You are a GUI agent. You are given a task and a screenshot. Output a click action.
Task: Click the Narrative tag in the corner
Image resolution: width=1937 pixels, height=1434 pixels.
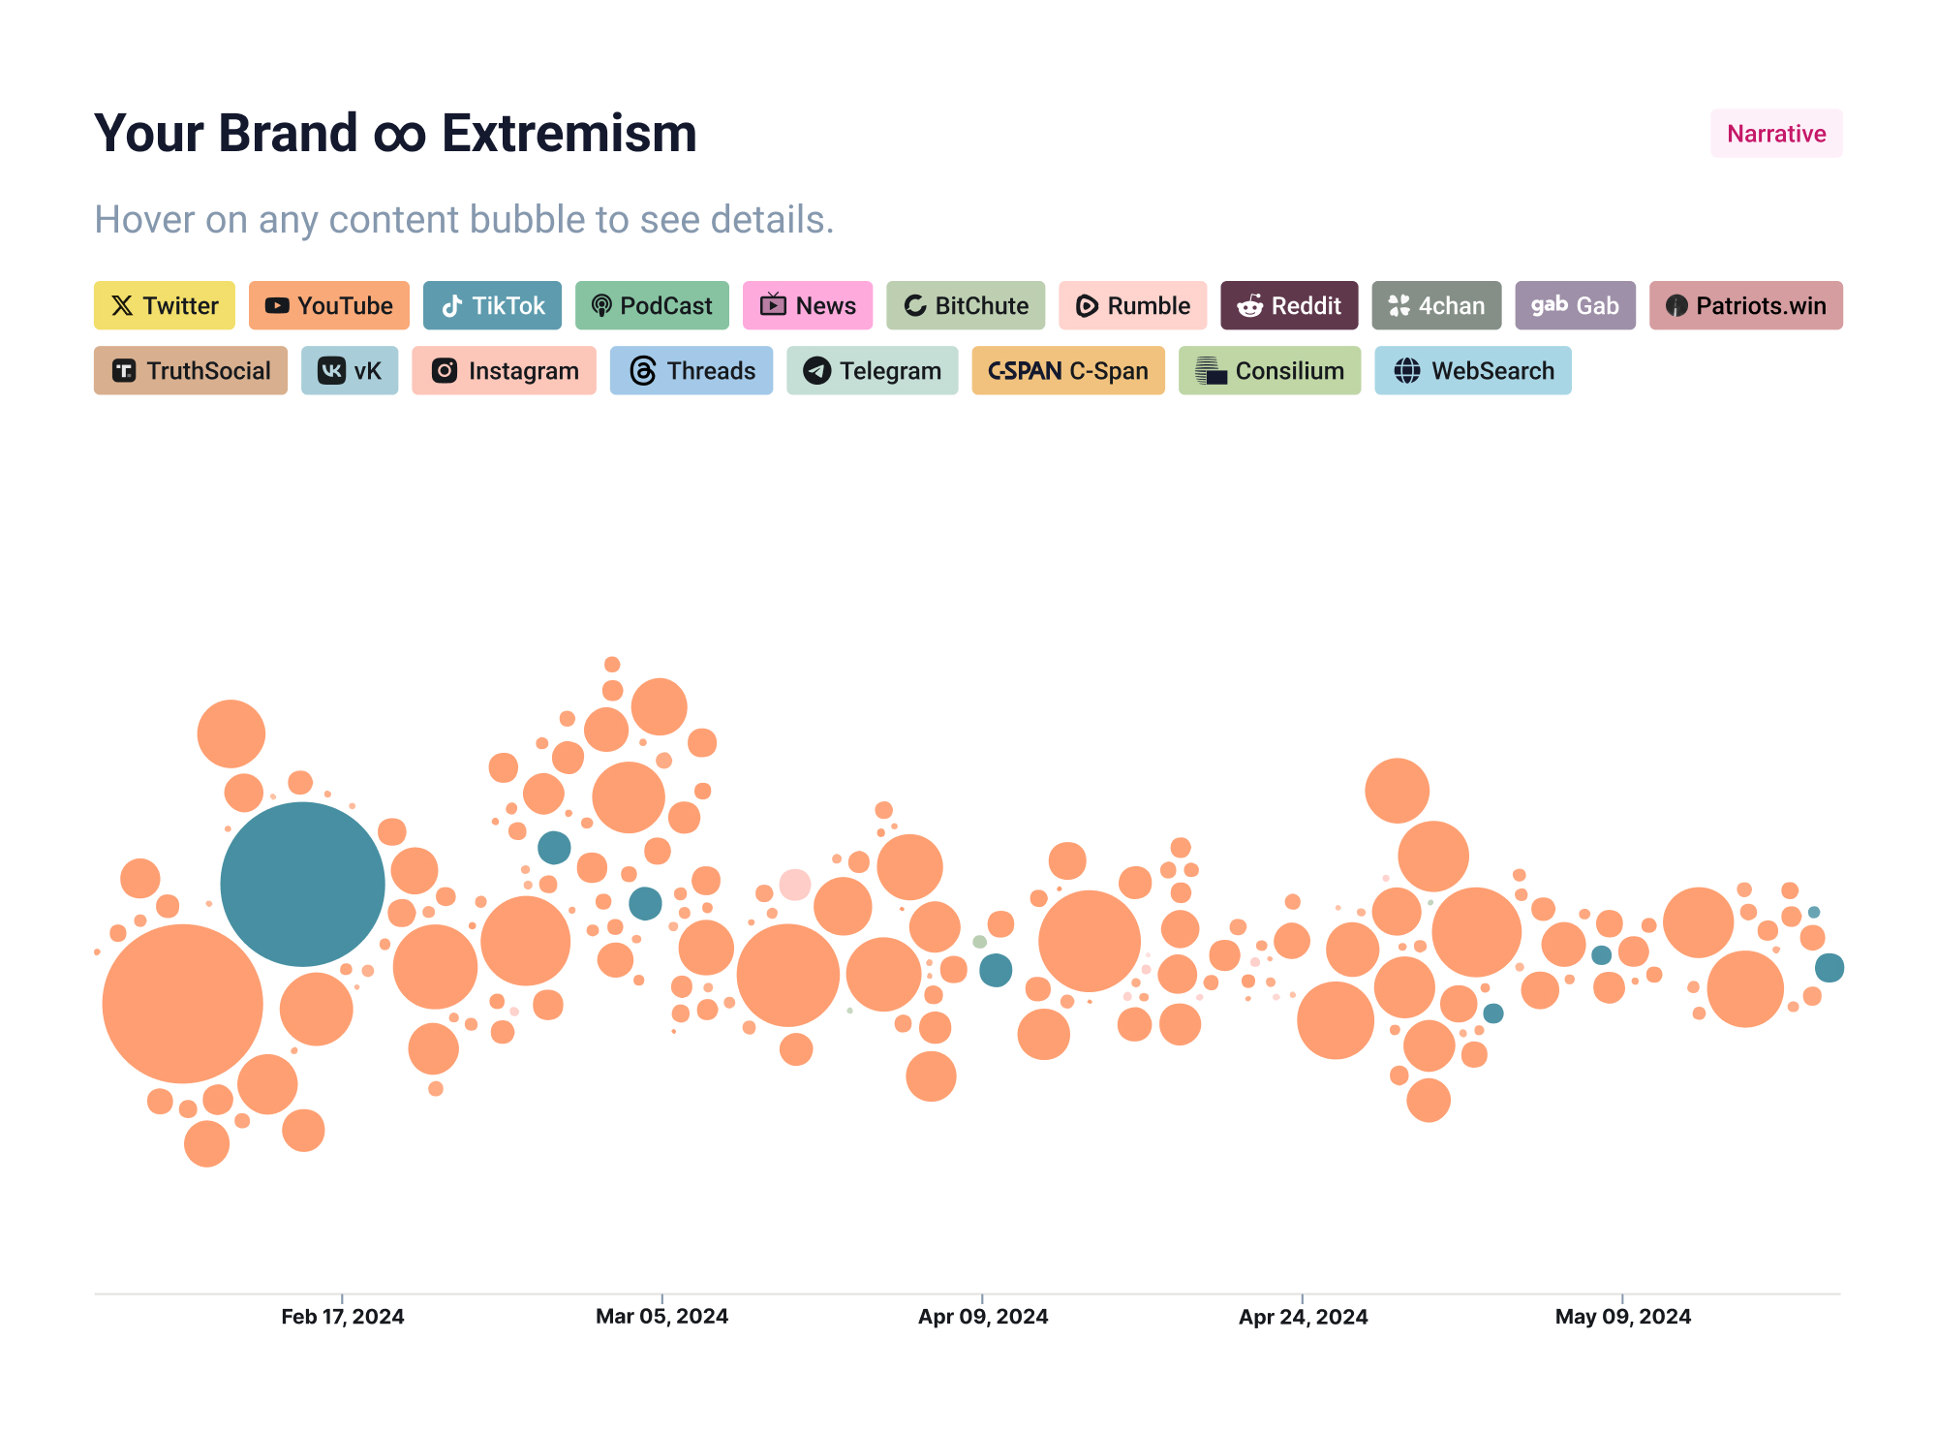[1775, 134]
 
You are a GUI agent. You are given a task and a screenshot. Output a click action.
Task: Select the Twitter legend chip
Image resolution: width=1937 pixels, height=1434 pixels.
[164, 305]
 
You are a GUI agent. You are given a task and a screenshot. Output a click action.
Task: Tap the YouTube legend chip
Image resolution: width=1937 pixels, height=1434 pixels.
[328, 305]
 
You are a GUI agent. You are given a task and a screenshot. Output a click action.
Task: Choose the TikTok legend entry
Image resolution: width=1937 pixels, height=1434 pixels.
[492, 305]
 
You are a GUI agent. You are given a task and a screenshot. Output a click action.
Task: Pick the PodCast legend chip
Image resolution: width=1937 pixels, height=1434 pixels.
[652, 305]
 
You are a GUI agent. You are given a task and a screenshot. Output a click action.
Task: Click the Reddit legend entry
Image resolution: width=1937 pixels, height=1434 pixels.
[1288, 305]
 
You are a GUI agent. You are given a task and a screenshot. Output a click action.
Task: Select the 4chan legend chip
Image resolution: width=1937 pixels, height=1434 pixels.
[1435, 305]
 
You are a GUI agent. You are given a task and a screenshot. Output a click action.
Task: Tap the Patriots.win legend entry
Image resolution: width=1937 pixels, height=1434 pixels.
[1745, 305]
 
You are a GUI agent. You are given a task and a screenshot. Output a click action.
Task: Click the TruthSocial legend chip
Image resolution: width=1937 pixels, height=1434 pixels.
[190, 370]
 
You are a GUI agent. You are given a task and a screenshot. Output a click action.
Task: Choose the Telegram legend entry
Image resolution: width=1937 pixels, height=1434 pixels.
[872, 370]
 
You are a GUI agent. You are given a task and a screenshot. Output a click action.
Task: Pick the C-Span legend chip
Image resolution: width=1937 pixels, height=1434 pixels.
[1067, 370]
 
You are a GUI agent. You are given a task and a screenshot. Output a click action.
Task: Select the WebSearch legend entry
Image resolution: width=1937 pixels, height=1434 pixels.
[1472, 370]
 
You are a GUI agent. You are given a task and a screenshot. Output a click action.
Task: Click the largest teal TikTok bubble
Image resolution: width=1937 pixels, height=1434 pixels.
[302, 884]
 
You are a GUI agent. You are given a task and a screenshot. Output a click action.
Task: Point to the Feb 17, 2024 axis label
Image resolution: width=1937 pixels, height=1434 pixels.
[342, 1316]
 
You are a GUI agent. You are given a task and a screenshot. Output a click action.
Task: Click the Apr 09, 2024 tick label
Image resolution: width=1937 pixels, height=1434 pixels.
[982, 1316]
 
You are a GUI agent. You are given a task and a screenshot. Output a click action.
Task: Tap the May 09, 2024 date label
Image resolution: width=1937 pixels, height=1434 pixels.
[1622, 1316]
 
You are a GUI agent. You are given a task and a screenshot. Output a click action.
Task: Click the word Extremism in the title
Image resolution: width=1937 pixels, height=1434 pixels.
[569, 134]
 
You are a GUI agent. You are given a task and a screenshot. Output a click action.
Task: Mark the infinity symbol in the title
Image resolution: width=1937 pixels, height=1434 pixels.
[400, 136]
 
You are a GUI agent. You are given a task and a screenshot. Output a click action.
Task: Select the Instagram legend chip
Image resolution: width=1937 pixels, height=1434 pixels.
[504, 370]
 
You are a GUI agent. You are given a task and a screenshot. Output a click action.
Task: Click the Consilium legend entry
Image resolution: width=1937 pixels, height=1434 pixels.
[1269, 370]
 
